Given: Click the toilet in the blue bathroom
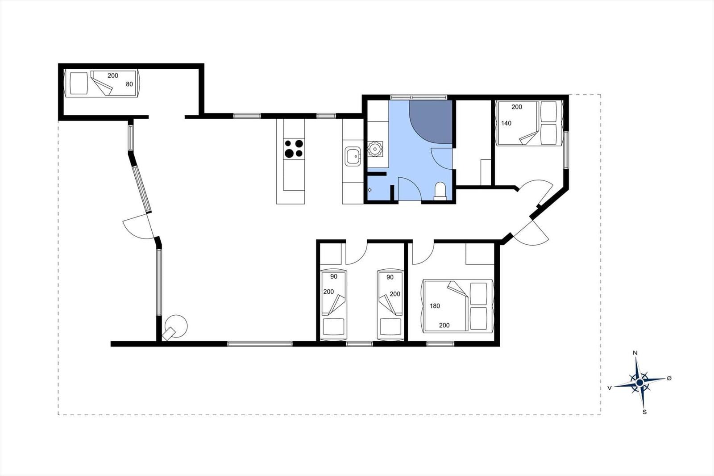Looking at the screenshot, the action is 440,191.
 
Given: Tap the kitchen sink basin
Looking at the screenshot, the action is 353,156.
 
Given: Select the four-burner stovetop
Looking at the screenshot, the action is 294,149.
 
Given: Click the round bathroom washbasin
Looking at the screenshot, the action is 374,149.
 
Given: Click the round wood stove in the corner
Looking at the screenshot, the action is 175,326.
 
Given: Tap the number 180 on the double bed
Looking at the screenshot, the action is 435,306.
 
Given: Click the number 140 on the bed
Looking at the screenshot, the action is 506,123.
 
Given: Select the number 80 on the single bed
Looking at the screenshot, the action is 129,84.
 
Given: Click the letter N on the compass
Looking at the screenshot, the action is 635,353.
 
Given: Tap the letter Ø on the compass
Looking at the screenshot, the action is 669,378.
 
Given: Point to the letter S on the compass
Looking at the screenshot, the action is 644,412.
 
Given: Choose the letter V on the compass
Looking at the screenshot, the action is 610,388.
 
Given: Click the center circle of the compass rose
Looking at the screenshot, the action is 639,382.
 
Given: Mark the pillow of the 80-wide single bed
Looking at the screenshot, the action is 79,83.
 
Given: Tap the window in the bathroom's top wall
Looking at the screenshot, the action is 419,97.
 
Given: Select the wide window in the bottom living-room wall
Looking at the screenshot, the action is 260,344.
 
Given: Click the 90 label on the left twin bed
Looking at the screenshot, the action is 334,276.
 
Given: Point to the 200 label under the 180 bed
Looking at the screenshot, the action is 444,326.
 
